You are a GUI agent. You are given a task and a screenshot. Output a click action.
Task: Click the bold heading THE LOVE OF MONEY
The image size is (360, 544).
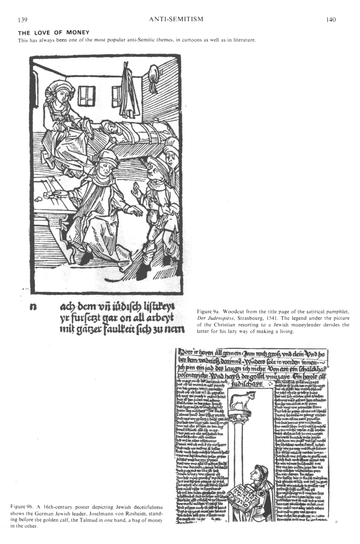point(54,32)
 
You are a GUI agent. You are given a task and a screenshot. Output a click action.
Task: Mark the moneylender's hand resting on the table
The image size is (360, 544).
point(57,193)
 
